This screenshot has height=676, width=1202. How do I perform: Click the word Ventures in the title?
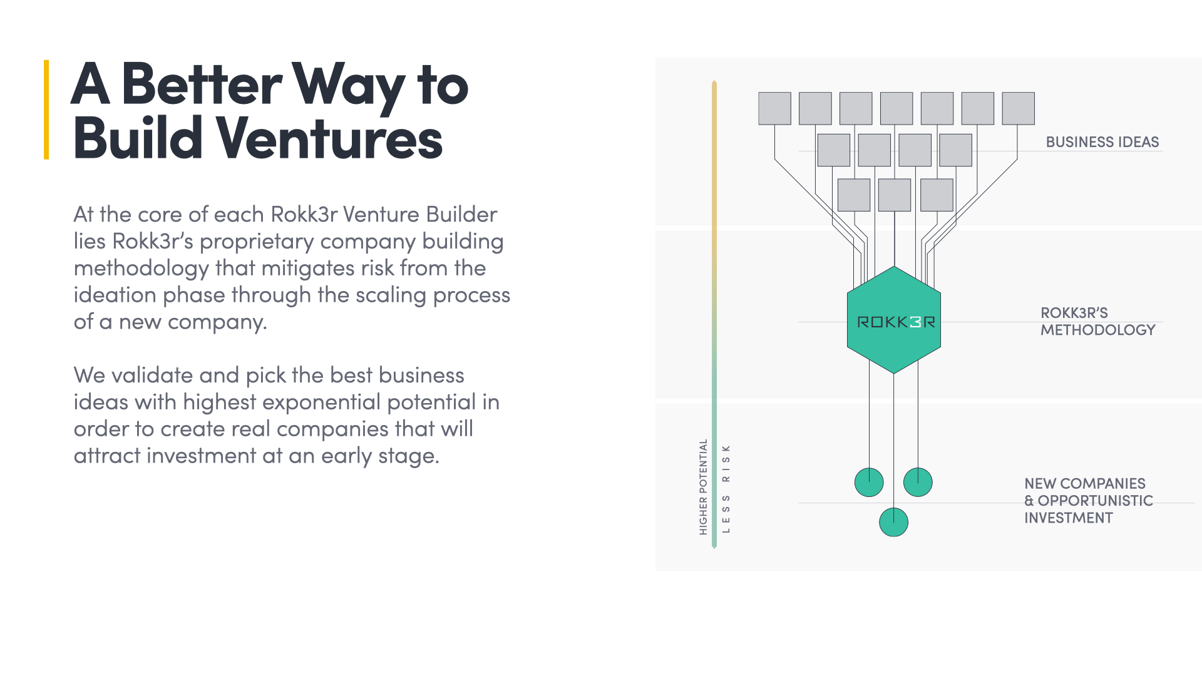click(x=330, y=138)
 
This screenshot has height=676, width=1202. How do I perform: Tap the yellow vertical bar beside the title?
click(x=46, y=110)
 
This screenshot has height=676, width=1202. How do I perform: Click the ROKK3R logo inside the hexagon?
click(x=895, y=322)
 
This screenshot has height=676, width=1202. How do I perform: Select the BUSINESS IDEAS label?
click(x=1102, y=142)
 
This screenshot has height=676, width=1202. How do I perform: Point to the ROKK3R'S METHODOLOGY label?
click(x=1097, y=321)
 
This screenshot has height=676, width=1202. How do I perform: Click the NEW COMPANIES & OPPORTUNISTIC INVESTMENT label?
click(x=1088, y=501)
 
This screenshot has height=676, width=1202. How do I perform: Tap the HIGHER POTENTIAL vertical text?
click(x=703, y=487)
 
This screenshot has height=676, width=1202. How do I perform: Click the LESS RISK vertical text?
click(x=726, y=489)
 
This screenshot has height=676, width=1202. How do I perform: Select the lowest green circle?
click(x=893, y=523)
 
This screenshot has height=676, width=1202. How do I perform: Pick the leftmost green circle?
click(x=869, y=483)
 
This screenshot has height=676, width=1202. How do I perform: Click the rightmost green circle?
click(x=918, y=483)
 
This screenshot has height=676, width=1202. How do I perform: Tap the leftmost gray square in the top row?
click(x=774, y=108)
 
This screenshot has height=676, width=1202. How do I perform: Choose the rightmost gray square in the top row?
click(x=1018, y=108)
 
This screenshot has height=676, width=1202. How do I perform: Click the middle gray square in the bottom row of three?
click(x=895, y=195)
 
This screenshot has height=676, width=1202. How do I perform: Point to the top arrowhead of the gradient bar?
click(x=714, y=83)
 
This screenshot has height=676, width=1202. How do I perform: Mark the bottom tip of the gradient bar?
click(x=714, y=546)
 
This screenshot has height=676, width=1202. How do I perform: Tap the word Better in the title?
click(x=202, y=86)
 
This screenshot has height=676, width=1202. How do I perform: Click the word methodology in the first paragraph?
click(x=141, y=269)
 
